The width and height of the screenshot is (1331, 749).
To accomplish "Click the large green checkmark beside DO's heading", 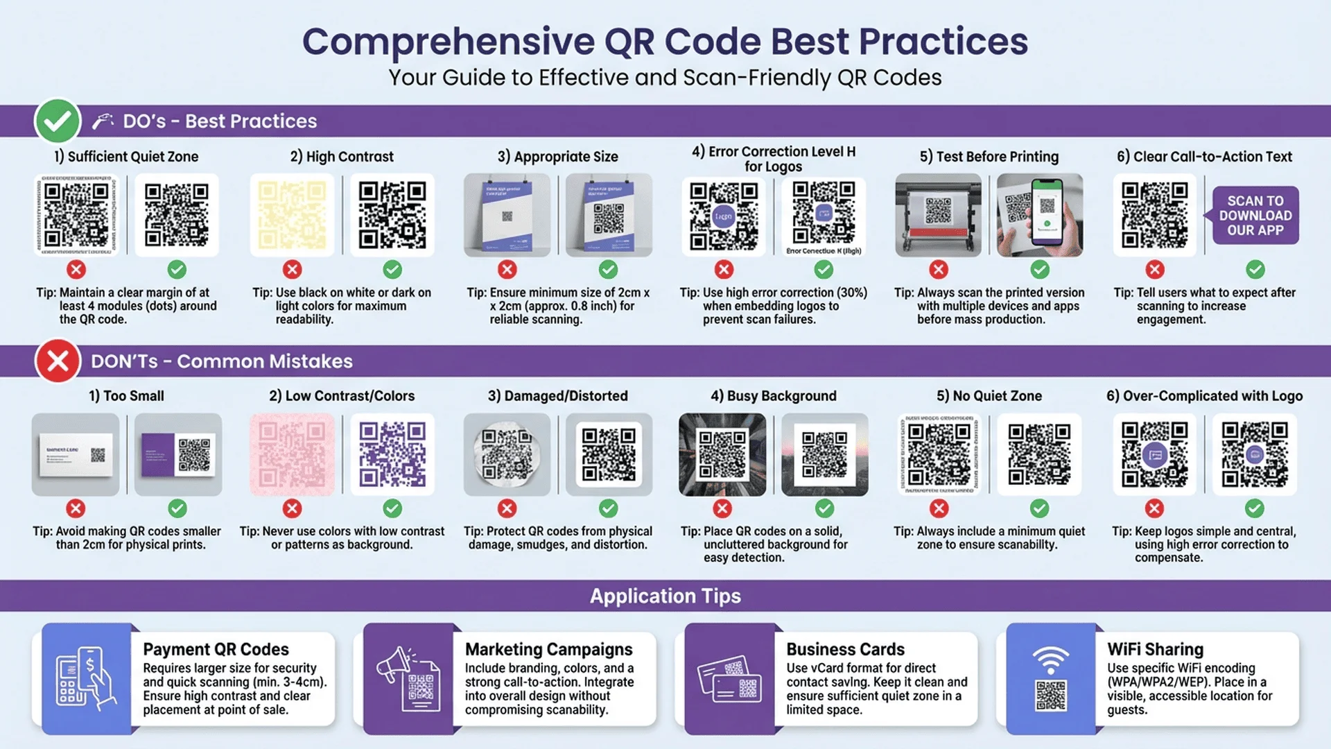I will pos(58,121).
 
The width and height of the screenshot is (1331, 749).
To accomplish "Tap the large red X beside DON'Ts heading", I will pos(58,361).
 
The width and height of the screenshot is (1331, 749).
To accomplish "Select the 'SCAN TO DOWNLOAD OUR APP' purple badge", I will pos(1255,216).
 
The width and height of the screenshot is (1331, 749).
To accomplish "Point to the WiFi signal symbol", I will pos(1050,659).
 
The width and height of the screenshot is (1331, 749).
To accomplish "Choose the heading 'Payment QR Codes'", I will pos(216,649).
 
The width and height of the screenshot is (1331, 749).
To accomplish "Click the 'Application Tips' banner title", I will pos(665,596).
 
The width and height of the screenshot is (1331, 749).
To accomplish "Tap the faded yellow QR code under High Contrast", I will pos(292,215).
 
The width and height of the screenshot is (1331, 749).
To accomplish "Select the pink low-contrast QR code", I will pos(292,455).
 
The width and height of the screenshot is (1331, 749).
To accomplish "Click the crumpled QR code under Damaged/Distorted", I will pos(507,455).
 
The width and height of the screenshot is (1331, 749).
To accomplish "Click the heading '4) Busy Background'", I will pos(773,396).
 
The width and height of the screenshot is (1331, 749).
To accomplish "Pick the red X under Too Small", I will pos(76,508).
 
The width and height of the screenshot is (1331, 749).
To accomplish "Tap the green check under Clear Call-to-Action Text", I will pos(1255,269).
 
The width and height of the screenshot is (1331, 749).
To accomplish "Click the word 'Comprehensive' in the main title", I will pos(448,42).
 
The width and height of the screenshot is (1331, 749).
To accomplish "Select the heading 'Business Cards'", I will pos(845,649).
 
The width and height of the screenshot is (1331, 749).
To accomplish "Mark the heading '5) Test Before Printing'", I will pos(989,157).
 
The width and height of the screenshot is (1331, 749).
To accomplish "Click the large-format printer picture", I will pos(938,215).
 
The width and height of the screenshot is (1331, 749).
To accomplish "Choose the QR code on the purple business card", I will pos(195,454).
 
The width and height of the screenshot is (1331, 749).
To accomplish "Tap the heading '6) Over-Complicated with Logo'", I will pos(1204,396).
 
